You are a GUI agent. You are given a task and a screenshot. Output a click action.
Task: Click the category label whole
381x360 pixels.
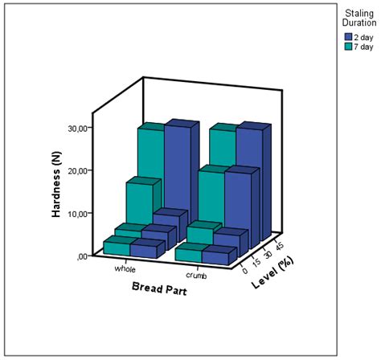125,270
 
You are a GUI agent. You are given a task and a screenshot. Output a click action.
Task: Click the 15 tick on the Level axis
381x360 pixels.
256,262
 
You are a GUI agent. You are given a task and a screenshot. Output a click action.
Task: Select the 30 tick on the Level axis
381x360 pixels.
267,253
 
